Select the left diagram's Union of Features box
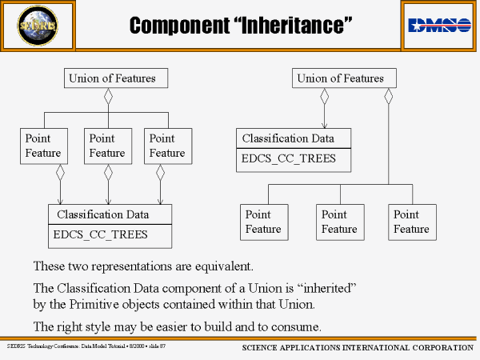pyautogui.click(x=106, y=78)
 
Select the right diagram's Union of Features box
pyautogui.click(x=340, y=78)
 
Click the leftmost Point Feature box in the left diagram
pyautogui.click(x=42, y=146)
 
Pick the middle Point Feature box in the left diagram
pyautogui.click(x=107, y=146)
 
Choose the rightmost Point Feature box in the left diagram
pyautogui.click(x=166, y=146)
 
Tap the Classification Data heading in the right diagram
pyautogui.click(x=288, y=138)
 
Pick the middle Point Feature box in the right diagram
pyautogui.click(x=339, y=222)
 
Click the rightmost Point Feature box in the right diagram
pyautogui.click(x=411, y=222)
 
